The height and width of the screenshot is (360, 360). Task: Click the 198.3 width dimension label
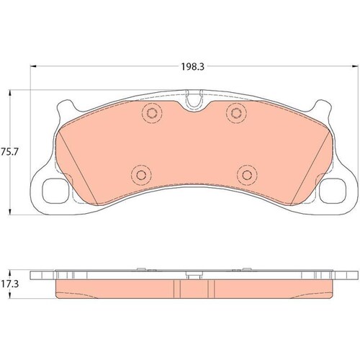coord(192,67)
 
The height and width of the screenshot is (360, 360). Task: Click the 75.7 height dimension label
coord(10,152)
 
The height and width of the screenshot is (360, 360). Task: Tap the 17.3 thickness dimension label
coord(10,284)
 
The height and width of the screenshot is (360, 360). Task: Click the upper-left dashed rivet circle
coord(152,112)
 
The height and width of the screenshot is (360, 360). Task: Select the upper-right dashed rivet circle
coord(236,112)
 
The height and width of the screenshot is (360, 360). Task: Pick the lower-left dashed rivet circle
coord(141,175)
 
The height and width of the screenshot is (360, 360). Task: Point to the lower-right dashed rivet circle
coord(247,175)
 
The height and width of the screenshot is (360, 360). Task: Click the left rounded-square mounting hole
coord(55,191)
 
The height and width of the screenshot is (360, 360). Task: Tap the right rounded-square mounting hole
coord(333,191)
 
